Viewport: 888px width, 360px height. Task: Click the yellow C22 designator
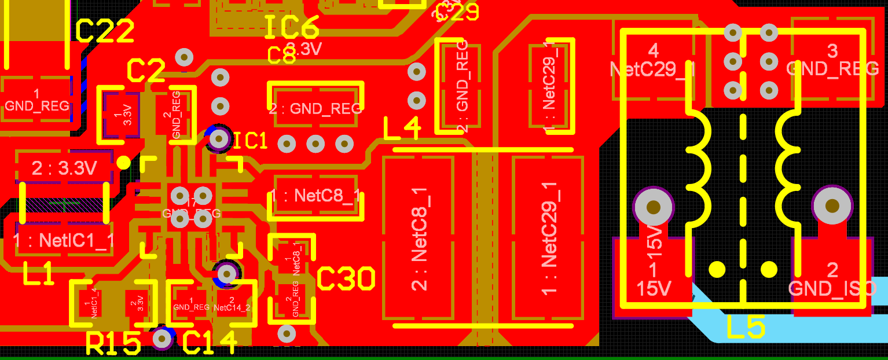tap(105, 31)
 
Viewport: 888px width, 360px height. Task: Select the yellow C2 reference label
tap(146, 71)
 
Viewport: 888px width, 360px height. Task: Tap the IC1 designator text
tap(250, 141)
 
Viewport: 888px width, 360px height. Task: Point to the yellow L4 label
tap(402, 129)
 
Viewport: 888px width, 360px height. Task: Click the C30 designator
tap(346, 280)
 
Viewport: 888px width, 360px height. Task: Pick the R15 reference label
tap(113, 344)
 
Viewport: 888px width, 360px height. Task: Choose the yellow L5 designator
tap(746, 328)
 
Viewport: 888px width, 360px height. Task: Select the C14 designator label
tap(210, 343)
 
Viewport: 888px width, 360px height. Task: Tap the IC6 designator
tap(292, 27)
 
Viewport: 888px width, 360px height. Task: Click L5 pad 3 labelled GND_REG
tap(832, 61)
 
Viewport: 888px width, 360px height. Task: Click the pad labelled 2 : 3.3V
tap(64, 168)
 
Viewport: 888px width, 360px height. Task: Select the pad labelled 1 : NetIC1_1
tap(64, 240)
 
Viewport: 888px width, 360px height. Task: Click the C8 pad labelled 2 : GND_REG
tap(315, 108)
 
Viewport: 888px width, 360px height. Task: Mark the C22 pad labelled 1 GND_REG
tap(36, 100)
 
